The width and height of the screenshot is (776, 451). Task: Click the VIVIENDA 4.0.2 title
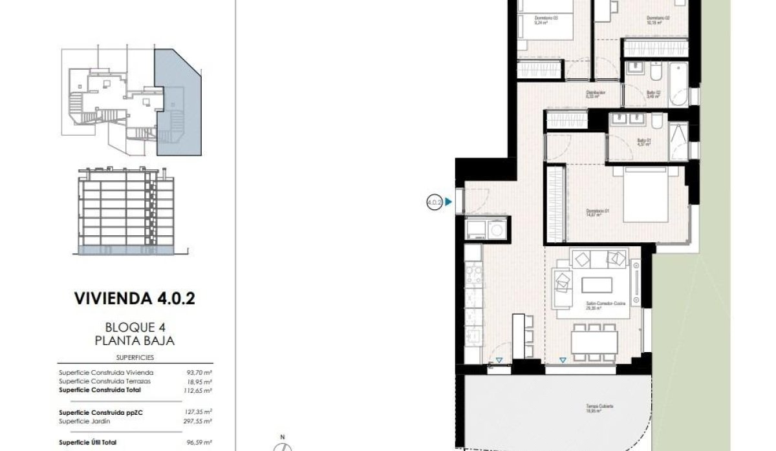click(x=135, y=299)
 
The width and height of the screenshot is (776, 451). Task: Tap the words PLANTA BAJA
click(x=135, y=341)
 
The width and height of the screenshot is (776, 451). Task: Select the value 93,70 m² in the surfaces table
click(x=199, y=373)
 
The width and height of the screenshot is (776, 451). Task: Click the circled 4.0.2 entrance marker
click(x=435, y=202)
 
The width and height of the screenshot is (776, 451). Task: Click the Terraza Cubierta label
click(x=596, y=406)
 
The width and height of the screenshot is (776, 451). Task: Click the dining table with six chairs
click(x=594, y=339)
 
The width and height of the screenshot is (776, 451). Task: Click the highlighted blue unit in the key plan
click(x=177, y=103)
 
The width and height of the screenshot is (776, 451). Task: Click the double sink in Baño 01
click(x=628, y=120)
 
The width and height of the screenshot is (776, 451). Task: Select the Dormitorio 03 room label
click(x=546, y=19)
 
